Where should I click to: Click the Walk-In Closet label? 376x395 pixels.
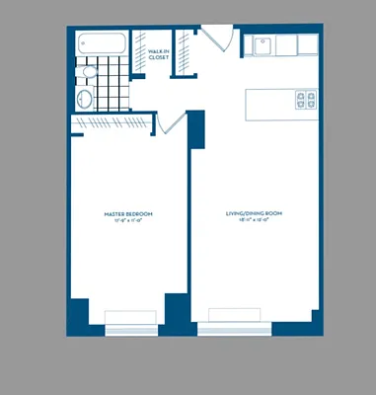pyautogui.click(x=158, y=55)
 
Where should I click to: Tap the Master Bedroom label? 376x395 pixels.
pyautogui.click(x=128, y=214)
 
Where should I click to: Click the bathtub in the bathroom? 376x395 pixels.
pyautogui.click(x=102, y=44)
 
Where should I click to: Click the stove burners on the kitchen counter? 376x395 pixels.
pyautogui.click(x=306, y=100)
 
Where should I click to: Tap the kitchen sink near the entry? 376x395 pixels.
pyautogui.click(x=262, y=44)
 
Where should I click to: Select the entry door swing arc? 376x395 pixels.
pyautogui.click(x=219, y=42)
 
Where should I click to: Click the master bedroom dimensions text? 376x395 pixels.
pyautogui.click(x=128, y=221)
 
